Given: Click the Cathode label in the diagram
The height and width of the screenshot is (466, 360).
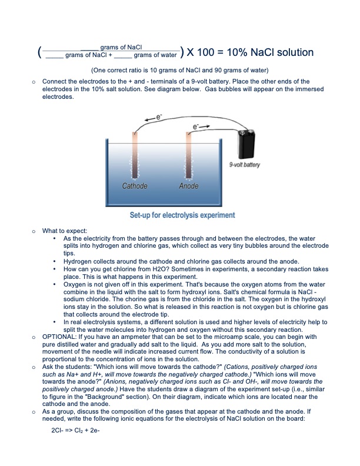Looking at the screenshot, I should (x=135, y=187).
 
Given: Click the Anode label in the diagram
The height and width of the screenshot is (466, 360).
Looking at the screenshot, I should (x=189, y=187).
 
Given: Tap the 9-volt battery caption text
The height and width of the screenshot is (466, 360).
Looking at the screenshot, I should (x=244, y=165).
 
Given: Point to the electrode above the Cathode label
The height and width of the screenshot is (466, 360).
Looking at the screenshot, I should (x=135, y=156).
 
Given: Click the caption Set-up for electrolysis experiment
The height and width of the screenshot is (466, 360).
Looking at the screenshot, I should (x=182, y=215).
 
